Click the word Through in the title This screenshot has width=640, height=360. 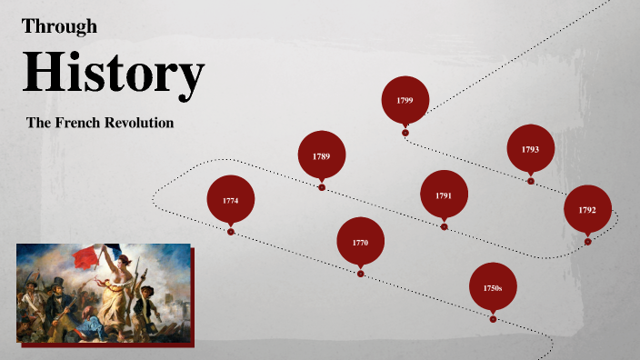pyautogui.click(x=59, y=26)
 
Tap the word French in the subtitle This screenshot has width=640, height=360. pyautogui.click(x=85, y=123)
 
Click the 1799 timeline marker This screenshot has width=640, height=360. pyautogui.click(x=405, y=99)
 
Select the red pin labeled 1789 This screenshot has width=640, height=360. pyautogui.click(x=322, y=155)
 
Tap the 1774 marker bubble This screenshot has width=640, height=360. pyautogui.click(x=231, y=199)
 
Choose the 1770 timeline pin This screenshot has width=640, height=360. pyautogui.click(x=360, y=242)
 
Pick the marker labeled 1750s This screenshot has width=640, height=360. pyautogui.click(x=493, y=287)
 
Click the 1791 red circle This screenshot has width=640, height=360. pyautogui.click(x=444, y=195)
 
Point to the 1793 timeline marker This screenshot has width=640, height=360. pyautogui.click(x=530, y=148)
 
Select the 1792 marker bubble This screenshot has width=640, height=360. pyautogui.click(x=587, y=209)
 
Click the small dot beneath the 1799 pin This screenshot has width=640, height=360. pyautogui.click(x=405, y=134)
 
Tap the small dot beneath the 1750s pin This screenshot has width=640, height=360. pyautogui.click(x=493, y=319)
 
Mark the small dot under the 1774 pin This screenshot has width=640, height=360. pyautogui.click(x=231, y=232)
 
